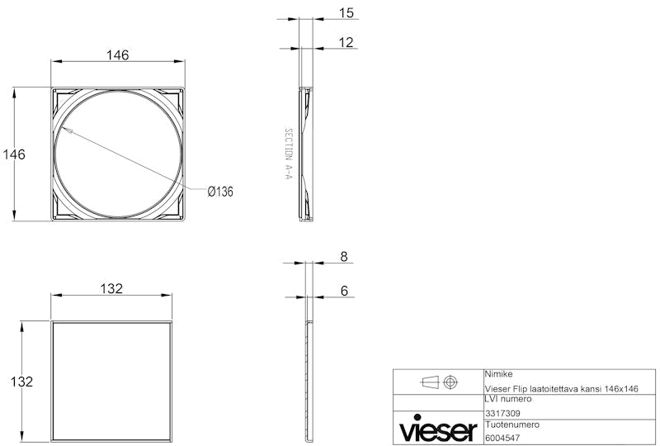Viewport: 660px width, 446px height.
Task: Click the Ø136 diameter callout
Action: [220, 192]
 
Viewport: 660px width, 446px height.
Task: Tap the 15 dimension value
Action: [346, 13]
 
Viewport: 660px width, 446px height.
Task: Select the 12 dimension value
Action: [346, 42]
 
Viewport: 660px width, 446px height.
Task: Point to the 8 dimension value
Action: [344, 256]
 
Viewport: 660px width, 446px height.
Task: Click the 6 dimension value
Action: [344, 291]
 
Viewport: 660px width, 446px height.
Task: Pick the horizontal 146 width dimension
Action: [117, 55]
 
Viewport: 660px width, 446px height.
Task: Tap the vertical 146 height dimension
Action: [14, 154]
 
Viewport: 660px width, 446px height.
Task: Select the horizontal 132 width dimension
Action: [111, 289]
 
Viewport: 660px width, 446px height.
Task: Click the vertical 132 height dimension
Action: [21, 382]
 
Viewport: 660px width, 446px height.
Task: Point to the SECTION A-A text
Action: [288, 154]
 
